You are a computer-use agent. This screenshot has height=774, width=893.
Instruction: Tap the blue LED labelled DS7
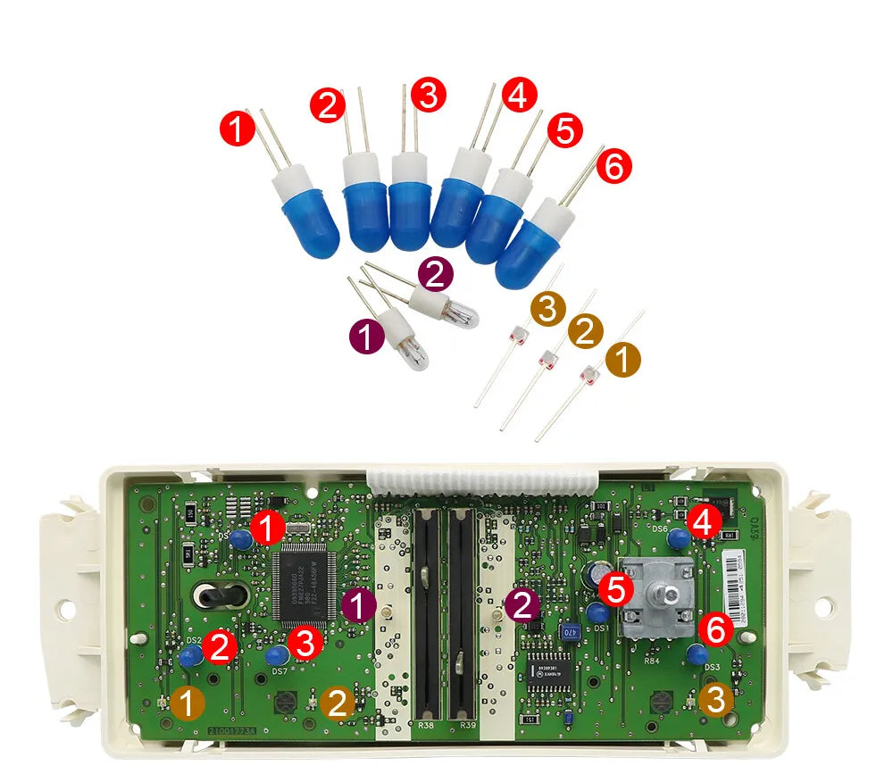(x=274, y=656)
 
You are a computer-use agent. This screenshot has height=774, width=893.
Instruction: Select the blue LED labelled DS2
(x=190, y=657)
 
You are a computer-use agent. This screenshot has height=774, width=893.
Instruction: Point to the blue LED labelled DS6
(x=678, y=539)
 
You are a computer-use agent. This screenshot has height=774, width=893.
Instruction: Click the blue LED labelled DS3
(x=697, y=653)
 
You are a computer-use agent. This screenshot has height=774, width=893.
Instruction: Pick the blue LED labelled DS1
(x=597, y=612)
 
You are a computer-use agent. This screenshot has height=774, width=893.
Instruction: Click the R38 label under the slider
(x=427, y=726)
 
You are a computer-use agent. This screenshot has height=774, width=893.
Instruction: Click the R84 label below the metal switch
(x=654, y=662)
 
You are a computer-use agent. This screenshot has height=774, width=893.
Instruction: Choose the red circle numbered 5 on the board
(x=614, y=588)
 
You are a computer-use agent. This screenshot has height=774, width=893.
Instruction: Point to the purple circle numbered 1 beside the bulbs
(x=364, y=337)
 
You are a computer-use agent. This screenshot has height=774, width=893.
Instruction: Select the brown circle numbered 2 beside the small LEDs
(x=585, y=331)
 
